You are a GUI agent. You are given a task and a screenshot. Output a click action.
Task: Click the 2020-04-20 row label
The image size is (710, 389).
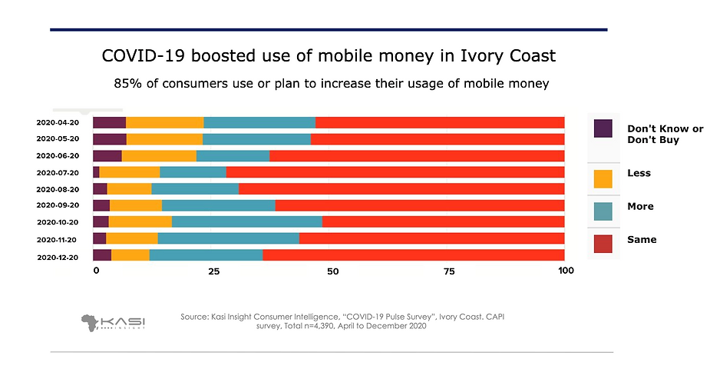pos(58,122)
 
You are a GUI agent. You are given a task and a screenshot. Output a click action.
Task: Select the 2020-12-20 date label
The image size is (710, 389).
pos(58,258)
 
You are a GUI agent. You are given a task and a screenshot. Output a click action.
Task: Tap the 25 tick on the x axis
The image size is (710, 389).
pos(214,271)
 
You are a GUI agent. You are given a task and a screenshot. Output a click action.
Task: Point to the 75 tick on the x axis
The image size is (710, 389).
pos(449,271)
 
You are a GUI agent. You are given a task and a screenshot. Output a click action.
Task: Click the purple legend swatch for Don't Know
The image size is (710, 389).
pos(603,129)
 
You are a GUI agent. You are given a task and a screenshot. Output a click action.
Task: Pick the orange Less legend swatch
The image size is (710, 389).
pos(603,178)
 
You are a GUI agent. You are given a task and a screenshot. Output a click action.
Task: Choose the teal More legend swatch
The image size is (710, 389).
pos(603,211)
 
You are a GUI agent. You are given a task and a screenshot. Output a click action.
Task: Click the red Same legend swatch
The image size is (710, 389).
pos(603,244)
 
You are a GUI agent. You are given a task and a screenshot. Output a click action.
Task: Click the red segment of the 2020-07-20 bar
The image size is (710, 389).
pos(395,172)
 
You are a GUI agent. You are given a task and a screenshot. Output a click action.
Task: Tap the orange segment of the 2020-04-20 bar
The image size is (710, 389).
pos(164,122)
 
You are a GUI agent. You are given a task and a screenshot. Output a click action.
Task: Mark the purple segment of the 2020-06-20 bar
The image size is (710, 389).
pos(107,155)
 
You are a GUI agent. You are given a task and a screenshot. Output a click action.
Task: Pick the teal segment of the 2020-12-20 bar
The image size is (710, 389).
pos(206,255)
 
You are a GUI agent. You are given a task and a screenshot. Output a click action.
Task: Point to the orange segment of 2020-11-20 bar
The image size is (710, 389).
pos(131,238)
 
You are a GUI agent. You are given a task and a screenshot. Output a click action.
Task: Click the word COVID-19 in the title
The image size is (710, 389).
pos(140,57)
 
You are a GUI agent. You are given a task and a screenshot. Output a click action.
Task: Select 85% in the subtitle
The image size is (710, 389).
pos(128,83)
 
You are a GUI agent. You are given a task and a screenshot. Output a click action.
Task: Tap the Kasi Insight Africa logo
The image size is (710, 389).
pos(114,322)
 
